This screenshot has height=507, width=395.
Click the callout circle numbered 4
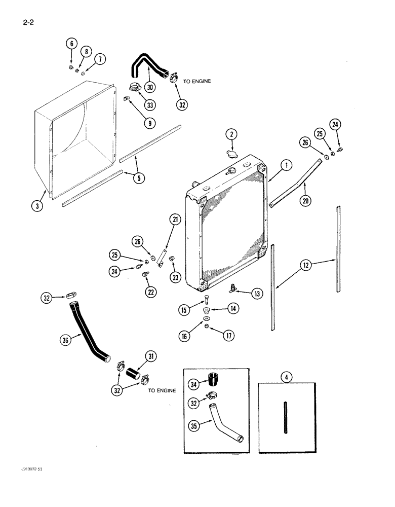[287, 377]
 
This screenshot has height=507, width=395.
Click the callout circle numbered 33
[71, 44]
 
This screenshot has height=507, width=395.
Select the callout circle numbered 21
[175, 219]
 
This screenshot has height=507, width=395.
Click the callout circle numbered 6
[71, 44]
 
